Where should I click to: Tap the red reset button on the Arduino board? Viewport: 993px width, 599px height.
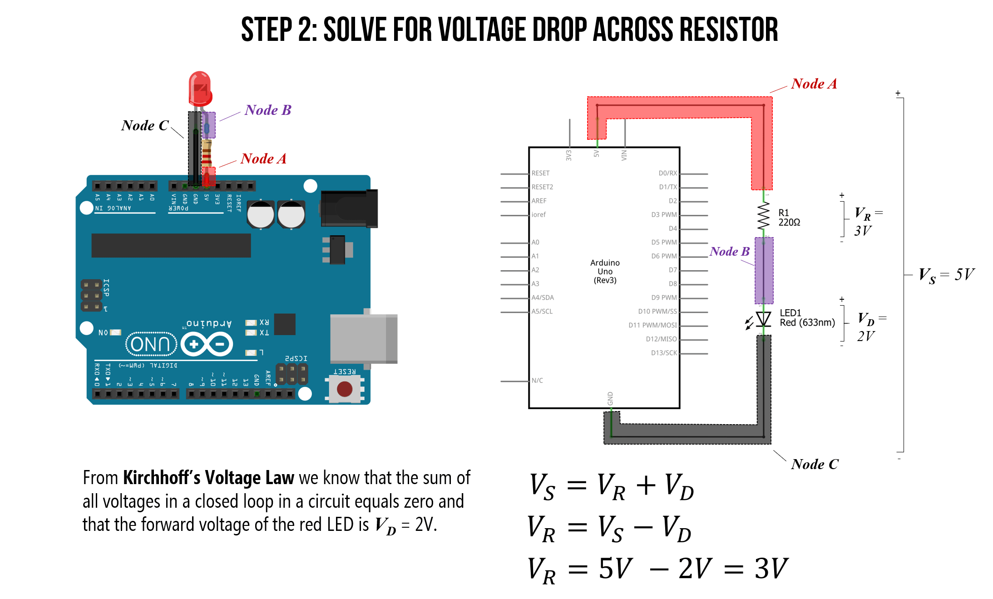point(345,389)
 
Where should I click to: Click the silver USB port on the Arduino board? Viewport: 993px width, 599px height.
point(363,338)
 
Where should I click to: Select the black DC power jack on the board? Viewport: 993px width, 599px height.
point(349,208)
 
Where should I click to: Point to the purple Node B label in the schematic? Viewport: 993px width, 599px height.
point(729,252)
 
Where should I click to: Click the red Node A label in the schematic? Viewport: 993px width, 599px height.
point(813,84)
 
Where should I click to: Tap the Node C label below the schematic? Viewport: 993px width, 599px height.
point(814,464)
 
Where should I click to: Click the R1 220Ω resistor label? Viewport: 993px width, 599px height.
point(789,218)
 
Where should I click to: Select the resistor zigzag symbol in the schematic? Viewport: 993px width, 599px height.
point(763,216)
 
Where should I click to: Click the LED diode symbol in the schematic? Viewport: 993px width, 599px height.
point(763,319)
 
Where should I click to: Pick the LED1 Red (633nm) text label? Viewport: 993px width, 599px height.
point(806,318)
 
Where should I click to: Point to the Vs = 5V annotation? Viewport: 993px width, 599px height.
point(946,275)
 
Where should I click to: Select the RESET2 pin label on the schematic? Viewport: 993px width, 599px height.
point(542,187)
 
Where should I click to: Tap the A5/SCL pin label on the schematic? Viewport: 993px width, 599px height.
point(542,312)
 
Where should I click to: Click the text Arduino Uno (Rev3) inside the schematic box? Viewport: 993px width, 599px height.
point(605,272)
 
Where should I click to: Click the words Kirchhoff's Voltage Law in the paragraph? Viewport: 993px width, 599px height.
point(209,478)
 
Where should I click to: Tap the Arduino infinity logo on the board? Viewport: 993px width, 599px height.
point(207,344)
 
